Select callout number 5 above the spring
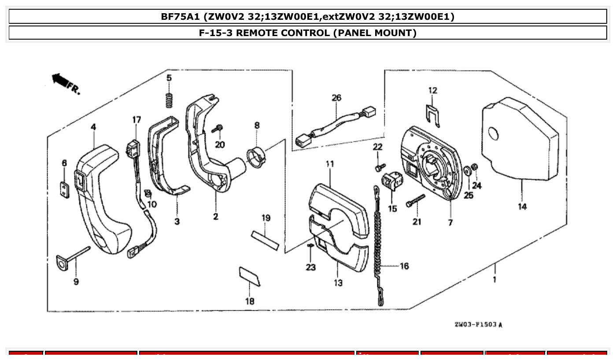(x=169, y=78)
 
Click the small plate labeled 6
(x=64, y=190)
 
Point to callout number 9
(x=76, y=282)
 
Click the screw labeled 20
(x=218, y=129)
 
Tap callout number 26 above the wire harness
(x=336, y=98)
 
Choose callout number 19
(x=266, y=218)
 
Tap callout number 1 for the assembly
(x=494, y=279)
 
